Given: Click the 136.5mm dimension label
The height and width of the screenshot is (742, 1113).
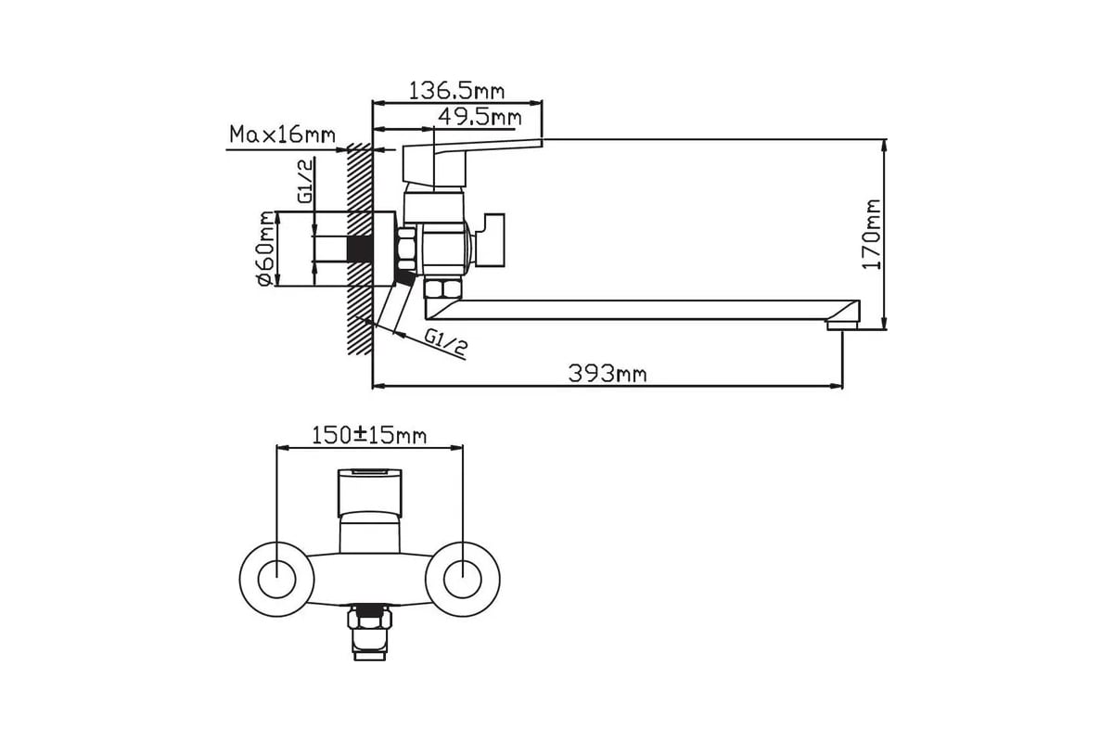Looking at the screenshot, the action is coord(456,91).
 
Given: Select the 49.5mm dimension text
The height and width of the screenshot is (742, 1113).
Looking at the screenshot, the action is coord(480,117).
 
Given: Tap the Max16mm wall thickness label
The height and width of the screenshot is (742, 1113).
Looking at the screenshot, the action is coord(282,134).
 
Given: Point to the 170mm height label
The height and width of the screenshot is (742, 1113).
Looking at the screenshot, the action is coord(871,234).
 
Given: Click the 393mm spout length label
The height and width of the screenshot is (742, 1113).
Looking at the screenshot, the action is coord(608,373).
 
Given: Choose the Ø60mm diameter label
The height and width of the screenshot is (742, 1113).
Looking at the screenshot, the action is coord(266,249).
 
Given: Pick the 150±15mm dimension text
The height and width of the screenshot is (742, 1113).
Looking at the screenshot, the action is coord(369,436).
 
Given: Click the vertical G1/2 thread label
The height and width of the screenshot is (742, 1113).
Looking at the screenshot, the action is coord(306,181).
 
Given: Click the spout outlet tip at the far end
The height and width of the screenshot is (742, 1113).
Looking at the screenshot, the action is coord(843,325).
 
